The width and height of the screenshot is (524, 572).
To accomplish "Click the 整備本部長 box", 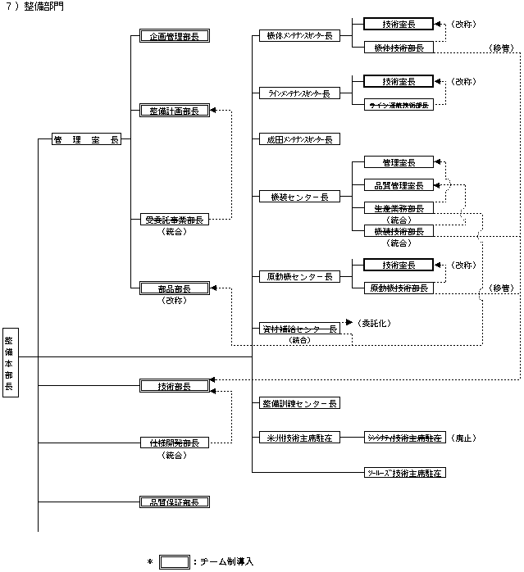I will click(9, 364).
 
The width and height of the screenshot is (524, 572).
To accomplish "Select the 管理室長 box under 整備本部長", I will click(85, 140).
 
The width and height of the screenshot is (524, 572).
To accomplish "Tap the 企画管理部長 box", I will click(174, 37).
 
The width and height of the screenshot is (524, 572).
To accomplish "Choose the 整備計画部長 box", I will click(174, 111).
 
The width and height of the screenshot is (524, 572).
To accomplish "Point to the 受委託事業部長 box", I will click(174, 220).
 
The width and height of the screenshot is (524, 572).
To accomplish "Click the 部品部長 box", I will click(174, 288).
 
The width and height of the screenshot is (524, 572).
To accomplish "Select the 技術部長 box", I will click(174, 386).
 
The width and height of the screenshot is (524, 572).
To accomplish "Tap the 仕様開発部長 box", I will click(174, 443).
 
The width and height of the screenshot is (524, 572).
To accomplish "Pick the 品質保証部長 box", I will click(174, 501).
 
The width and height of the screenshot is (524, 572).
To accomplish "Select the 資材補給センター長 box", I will click(298, 329).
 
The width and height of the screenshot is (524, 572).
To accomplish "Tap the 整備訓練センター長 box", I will click(298, 404).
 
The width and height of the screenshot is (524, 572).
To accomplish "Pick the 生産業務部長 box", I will click(398, 208).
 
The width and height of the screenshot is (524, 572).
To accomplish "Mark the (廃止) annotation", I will click(464, 438).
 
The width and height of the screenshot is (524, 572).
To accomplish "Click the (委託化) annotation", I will click(373, 323).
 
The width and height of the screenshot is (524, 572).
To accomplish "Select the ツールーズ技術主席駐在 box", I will click(406, 474).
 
